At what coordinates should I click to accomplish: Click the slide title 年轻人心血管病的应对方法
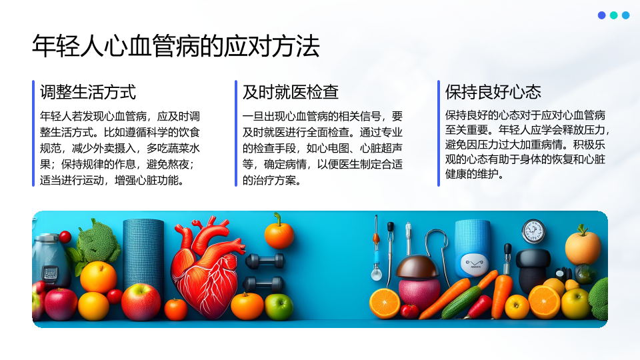coord(176,46)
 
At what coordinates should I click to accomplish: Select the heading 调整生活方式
coord(88,92)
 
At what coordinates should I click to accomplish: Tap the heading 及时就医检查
coord(291,92)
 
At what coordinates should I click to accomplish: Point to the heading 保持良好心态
coord(493,92)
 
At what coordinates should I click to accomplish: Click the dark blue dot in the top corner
coord(601,15)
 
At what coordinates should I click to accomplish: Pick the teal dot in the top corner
coord(613,15)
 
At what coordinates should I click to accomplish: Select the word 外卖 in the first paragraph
coord(104,148)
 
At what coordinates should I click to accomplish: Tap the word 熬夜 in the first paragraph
coord(179,164)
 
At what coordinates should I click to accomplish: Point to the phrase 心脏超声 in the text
coord(381,148)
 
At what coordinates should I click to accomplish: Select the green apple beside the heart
coord(279,307)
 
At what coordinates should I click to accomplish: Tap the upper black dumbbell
coord(265,261)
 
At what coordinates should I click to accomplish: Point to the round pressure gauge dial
coord(533,231)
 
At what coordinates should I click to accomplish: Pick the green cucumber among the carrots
coord(461,303)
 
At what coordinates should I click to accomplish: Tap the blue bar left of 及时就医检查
coord(236,133)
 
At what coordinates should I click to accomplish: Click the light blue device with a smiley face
coord(473,248)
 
